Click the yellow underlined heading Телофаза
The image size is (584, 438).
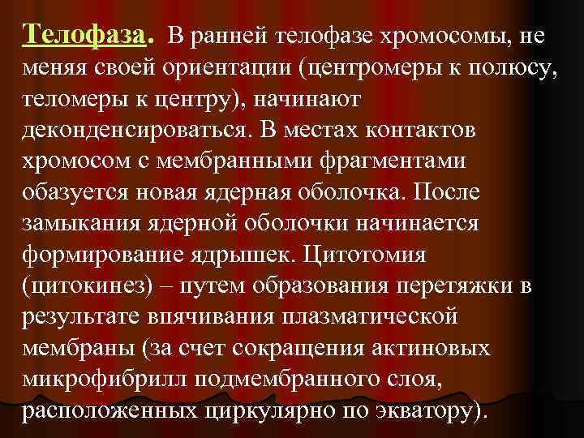(84, 36)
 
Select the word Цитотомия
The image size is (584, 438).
(385, 255)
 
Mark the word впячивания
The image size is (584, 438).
(213, 316)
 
